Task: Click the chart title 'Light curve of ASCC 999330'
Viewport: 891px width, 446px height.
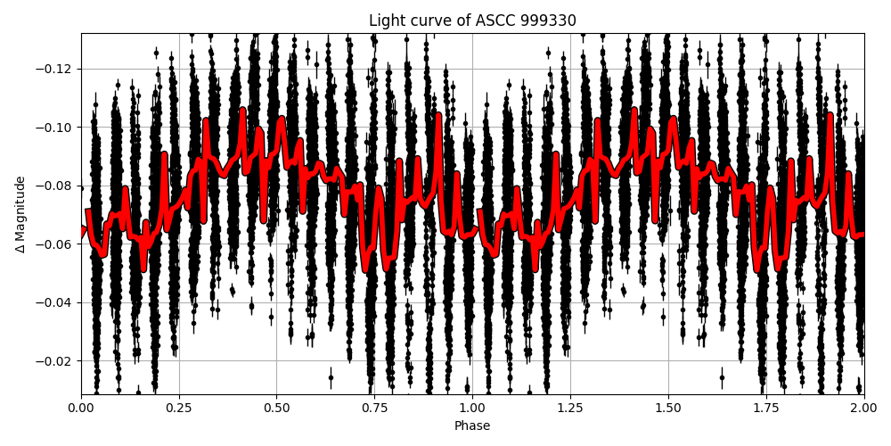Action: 472,21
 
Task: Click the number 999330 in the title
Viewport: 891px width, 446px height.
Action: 549,21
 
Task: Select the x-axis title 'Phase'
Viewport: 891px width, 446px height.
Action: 472,426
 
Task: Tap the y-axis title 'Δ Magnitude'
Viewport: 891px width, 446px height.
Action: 20,214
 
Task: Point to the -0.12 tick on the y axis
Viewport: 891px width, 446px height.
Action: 57,69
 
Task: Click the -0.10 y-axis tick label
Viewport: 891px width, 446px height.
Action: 57,128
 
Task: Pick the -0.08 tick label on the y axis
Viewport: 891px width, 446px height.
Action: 57,186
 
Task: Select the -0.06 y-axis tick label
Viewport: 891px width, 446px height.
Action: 57,244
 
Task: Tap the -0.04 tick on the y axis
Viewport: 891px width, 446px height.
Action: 57,302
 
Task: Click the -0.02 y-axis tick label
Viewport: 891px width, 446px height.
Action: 57,361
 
